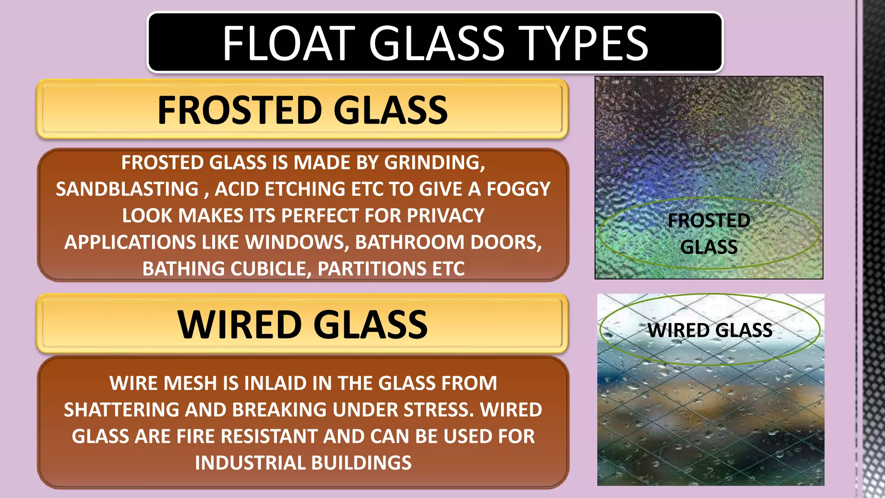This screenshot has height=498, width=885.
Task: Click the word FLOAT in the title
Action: click(x=289, y=43)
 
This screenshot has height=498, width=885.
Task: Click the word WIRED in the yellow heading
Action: click(x=239, y=325)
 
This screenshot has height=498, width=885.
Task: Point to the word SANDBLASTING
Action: click(x=127, y=189)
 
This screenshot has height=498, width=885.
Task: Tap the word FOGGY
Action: click(x=518, y=189)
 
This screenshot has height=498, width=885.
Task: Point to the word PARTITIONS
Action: click(x=372, y=269)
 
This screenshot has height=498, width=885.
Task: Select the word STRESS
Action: click(x=439, y=410)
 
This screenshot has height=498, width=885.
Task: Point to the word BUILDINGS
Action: click(x=361, y=463)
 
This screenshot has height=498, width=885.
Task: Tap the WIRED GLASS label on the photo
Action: click(x=710, y=331)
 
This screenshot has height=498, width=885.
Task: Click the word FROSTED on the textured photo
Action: click(x=709, y=221)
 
